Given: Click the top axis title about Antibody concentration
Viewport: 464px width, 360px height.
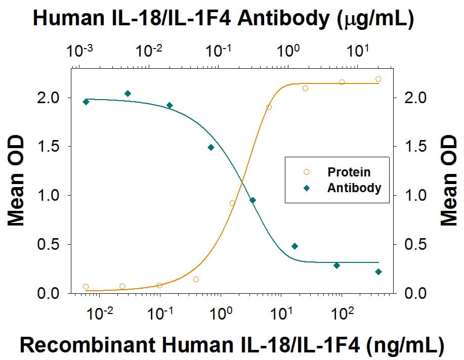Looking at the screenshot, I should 223,19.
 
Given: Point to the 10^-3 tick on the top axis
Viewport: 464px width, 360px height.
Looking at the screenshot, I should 78,51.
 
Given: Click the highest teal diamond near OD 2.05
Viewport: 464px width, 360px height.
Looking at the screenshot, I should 128,94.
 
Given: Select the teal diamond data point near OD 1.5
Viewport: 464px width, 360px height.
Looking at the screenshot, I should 211,148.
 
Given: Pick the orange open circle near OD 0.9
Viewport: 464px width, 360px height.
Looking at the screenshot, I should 232,203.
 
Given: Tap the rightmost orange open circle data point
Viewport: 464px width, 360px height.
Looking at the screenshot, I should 378,79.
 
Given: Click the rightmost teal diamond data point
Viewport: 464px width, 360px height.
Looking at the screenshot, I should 378,272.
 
